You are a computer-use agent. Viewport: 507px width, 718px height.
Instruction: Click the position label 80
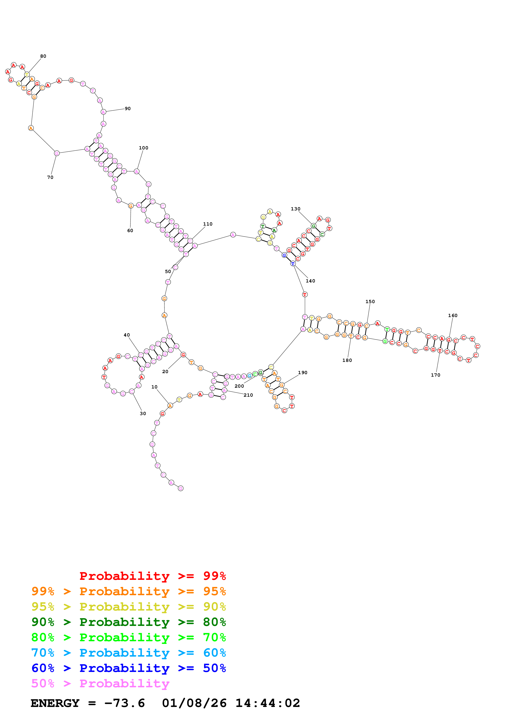pos(43,56)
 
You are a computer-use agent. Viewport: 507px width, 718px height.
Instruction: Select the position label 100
pos(143,148)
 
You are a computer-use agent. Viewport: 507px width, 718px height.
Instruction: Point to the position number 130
pos(296,209)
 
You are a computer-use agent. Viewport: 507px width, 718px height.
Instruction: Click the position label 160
pos(453,316)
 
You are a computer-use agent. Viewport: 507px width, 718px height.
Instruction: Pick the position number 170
pos(435,375)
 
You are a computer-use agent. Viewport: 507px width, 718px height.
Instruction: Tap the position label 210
pos(248,395)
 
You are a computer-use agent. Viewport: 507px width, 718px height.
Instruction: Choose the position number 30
pos(143,413)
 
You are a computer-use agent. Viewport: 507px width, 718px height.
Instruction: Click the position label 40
pos(127,335)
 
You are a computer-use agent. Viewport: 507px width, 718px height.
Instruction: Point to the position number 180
pos(347,360)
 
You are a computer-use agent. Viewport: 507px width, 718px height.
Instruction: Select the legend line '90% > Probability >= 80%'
pos(129,622)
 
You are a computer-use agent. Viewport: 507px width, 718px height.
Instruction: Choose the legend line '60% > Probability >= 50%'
pos(129,668)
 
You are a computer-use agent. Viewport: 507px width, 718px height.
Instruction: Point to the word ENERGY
pos(55,703)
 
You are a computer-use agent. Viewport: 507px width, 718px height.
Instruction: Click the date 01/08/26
pos(194,703)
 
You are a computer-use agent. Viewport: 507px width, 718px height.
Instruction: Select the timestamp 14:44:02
pos(268,703)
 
